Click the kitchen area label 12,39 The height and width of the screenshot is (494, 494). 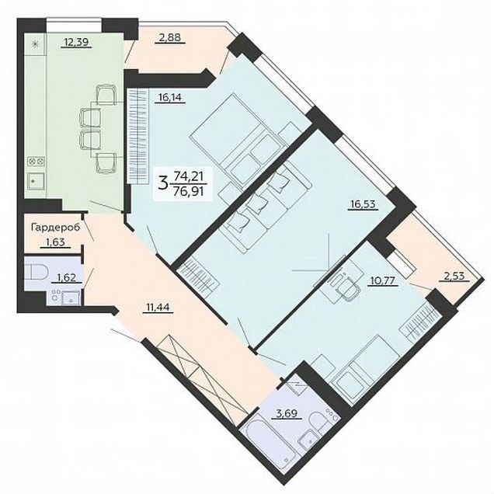[x=75, y=42]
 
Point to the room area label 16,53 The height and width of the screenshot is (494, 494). [x=363, y=204]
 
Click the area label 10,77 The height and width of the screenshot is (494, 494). [x=383, y=280]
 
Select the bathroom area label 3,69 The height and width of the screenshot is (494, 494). [x=286, y=413]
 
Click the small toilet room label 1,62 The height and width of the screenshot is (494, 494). [x=67, y=277]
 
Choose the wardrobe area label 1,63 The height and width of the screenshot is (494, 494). [x=56, y=242]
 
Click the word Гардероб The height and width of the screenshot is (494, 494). [x=55, y=227]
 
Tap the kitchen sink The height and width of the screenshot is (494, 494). [x=36, y=181]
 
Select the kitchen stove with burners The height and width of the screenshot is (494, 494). [x=36, y=162]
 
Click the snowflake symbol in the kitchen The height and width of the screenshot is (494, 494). [x=35, y=43]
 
